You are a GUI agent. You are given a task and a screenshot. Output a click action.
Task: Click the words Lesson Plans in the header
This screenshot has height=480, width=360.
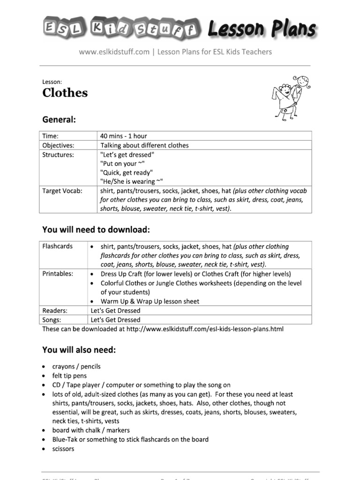point(261,29)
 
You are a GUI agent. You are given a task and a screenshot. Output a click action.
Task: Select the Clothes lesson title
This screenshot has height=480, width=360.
point(65,93)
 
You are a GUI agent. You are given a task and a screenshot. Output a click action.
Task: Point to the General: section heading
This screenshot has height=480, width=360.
point(59,120)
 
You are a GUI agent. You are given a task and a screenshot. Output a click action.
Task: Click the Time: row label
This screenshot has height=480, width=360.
point(50,136)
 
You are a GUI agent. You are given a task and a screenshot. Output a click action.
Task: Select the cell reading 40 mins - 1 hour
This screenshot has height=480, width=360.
point(123,136)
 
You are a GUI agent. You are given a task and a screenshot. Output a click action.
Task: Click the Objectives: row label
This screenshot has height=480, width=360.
point(58,145)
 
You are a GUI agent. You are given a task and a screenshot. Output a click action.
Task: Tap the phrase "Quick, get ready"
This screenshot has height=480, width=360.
point(126,172)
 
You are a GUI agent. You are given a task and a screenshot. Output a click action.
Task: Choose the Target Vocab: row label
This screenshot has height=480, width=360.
point(62,191)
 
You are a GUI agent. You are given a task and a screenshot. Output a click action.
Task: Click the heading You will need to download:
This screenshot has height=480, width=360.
point(96,230)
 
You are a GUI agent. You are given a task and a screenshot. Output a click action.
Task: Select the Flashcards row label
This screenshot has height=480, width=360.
point(57,246)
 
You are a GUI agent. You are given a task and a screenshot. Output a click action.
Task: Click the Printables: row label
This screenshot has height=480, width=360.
point(58,274)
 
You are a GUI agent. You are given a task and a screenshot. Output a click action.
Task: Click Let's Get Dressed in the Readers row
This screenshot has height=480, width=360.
point(115,310)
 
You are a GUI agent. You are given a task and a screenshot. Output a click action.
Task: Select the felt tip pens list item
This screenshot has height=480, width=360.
point(69,376)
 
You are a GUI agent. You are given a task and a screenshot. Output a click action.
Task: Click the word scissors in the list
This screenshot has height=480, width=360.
point(63,449)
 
